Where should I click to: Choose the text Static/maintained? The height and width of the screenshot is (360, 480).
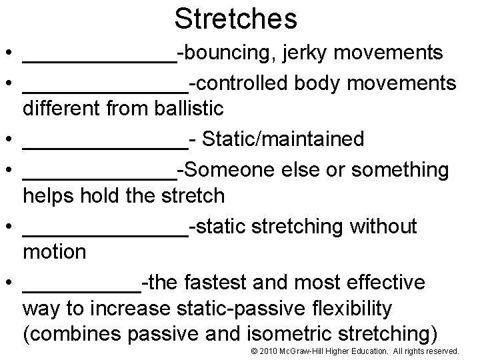283,139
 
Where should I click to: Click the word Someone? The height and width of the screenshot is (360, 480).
231,170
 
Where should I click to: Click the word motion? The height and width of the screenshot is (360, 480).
55,252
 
